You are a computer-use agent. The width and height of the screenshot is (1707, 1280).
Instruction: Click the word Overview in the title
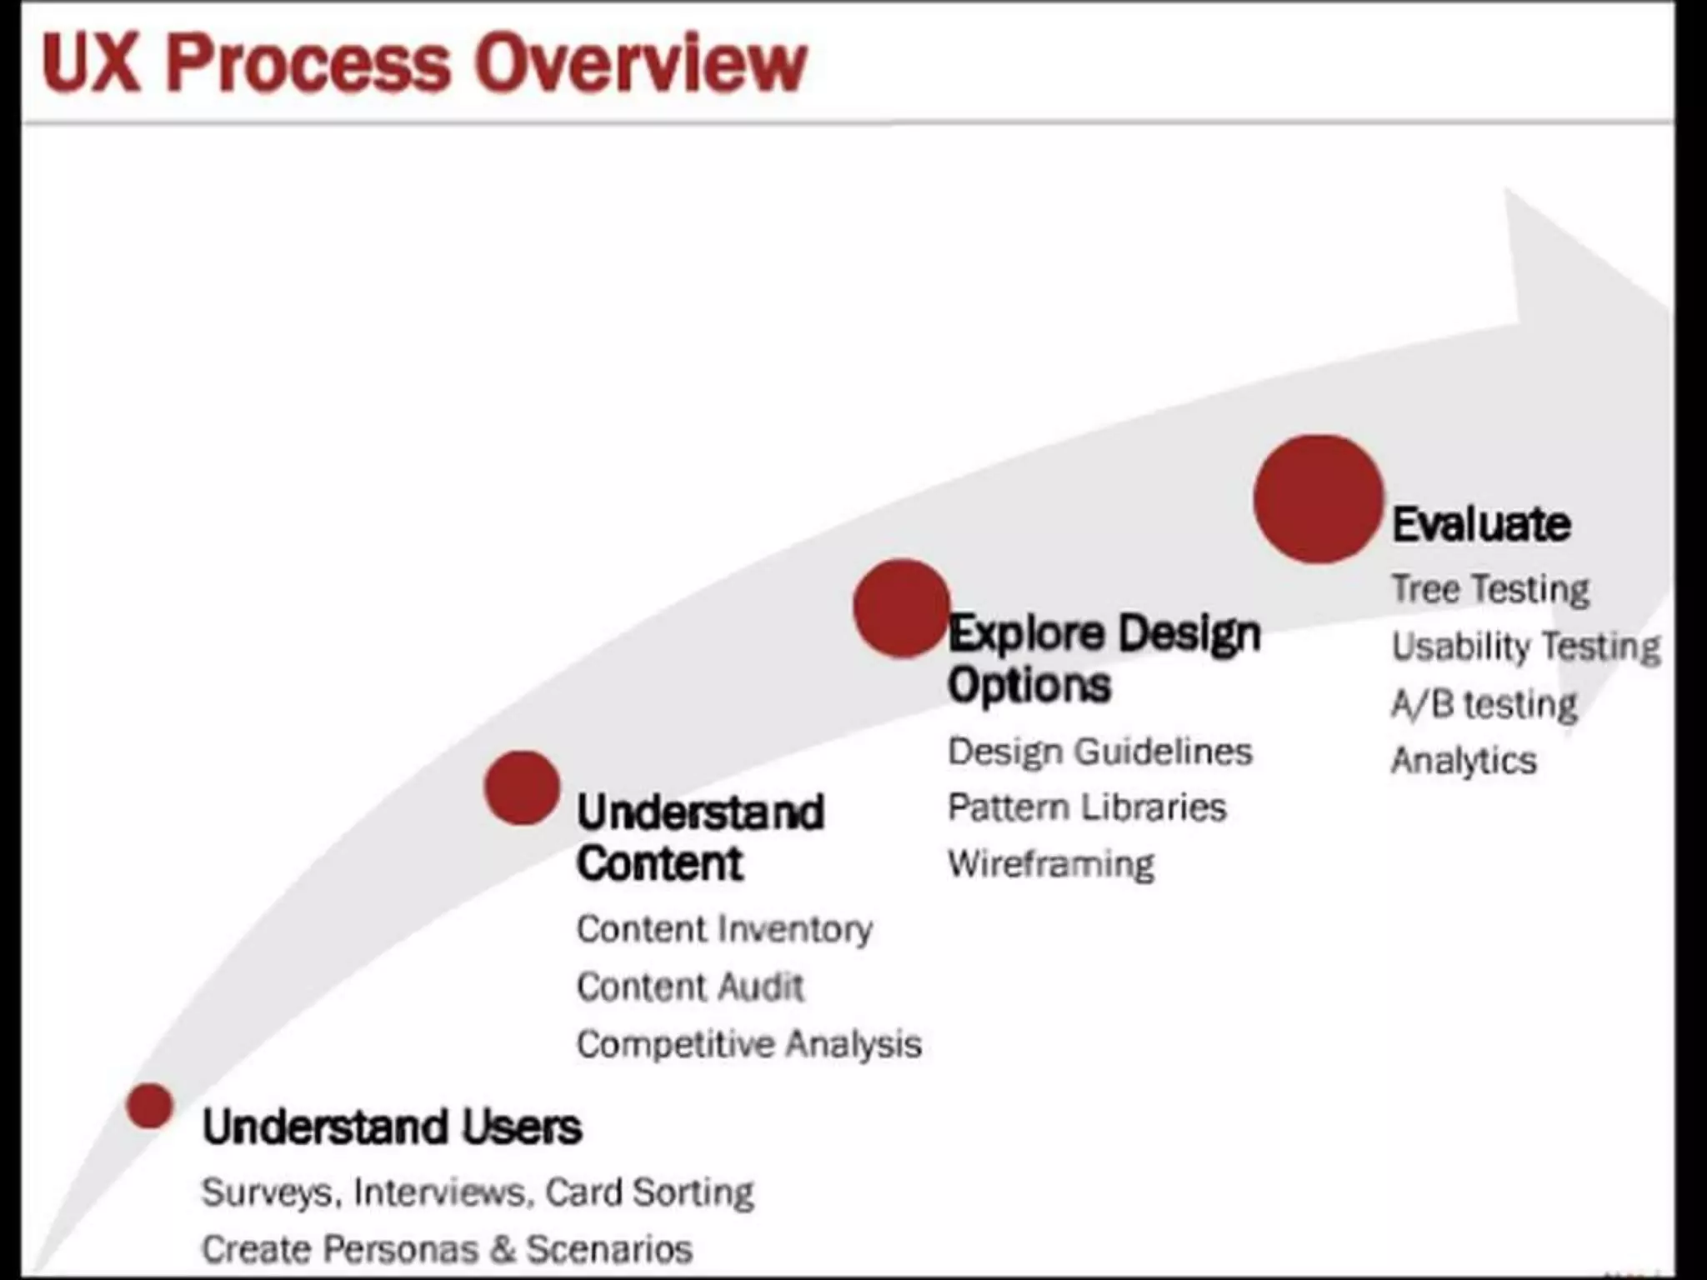pyautogui.click(x=640, y=63)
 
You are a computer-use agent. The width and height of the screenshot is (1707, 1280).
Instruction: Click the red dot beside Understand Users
pyautogui.click(x=150, y=1106)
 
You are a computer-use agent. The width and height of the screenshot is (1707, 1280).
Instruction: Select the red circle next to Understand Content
pyautogui.click(x=522, y=787)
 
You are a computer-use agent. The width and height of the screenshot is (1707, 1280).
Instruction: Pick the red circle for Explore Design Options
pyautogui.click(x=901, y=608)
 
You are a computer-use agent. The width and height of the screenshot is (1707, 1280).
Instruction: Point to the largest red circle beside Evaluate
pyautogui.click(x=1318, y=499)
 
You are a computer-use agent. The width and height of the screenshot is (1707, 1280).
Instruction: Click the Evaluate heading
pyautogui.click(x=1481, y=525)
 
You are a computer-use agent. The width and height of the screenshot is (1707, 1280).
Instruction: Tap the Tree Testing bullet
pyautogui.click(x=1490, y=589)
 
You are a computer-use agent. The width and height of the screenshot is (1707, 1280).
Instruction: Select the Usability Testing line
pyautogui.click(x=1525, y=647)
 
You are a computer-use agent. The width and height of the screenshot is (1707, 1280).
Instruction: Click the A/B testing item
pyautogui.click(x=1484, y=704)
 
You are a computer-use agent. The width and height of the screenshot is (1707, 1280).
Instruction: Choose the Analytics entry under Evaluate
pyautogui.click(x=1464, y=761)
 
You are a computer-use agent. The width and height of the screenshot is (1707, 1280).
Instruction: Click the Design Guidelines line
pyautogui.click(x=1099, y=752)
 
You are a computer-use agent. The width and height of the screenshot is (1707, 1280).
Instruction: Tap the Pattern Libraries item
pyautogui.click(x=1087, y=807)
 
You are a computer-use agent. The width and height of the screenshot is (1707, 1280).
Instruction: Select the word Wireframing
pyautogui.click(x=1051, y=864)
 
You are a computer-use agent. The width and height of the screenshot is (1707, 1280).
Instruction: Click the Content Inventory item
pyautogui.click(x=724, y=929)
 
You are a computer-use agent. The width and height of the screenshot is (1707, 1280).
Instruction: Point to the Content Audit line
pyautogui.click(x=690, y=987)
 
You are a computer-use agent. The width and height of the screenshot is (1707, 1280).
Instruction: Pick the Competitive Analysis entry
pyautogui.click(x=748, y=1044)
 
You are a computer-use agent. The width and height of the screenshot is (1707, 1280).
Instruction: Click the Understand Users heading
pyautogui.click(x=392, y=1127)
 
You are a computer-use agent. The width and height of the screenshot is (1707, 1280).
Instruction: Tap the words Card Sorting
pyautogui.click(x=649, y=1192)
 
